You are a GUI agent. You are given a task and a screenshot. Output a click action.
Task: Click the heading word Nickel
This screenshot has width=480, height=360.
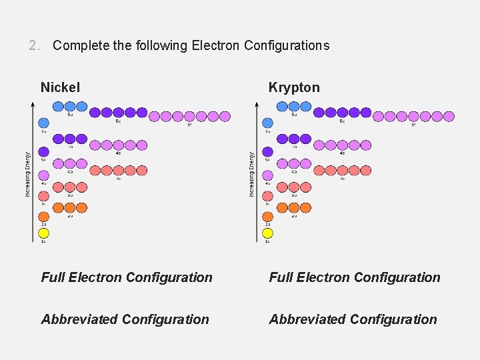pos(60,87)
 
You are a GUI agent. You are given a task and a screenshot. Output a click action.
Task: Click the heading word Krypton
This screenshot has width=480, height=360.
pos(294,87)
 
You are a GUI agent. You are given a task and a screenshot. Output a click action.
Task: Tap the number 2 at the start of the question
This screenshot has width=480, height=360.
pos(34,46)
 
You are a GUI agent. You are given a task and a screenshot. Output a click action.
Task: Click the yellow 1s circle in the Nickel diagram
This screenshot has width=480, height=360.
pos(44,233)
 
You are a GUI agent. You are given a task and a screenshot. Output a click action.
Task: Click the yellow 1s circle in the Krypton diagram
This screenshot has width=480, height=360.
pos(268,233)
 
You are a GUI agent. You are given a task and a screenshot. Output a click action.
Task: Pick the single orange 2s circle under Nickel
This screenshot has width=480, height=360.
pos(44,217)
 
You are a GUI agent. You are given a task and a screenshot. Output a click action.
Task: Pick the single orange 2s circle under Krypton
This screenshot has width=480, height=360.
pos(268,217)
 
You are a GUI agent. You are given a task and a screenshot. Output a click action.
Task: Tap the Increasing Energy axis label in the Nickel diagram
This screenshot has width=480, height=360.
pos(28,173)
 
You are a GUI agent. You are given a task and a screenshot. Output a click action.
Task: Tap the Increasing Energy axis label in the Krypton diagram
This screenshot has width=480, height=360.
pos(252,173)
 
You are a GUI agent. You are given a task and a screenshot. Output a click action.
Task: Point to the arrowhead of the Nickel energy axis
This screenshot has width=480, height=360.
pos(33,103)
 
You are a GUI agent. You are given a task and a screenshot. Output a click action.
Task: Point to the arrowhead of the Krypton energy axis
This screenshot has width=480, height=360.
pos(257,103)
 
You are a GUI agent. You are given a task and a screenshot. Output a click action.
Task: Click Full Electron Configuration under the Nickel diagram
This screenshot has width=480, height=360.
pos(127,277)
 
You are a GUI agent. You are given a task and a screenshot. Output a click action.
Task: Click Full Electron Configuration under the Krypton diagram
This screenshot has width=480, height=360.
pos(355,277)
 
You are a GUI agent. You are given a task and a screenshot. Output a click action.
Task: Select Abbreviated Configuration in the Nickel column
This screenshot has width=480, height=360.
pos(125,319)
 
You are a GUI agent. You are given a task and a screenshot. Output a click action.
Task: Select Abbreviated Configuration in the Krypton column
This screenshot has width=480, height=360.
pos(353,319)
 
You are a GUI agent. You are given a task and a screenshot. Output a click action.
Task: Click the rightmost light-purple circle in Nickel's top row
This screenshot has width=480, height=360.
pos(225,117)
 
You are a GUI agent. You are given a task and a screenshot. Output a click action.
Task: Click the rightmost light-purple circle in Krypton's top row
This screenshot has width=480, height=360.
pos(449,117)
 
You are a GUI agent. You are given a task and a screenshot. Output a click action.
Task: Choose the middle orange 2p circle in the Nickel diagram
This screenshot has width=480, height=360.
pos(70,207)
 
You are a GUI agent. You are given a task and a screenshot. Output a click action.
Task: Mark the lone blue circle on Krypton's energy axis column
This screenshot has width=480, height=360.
pos(268,123)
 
